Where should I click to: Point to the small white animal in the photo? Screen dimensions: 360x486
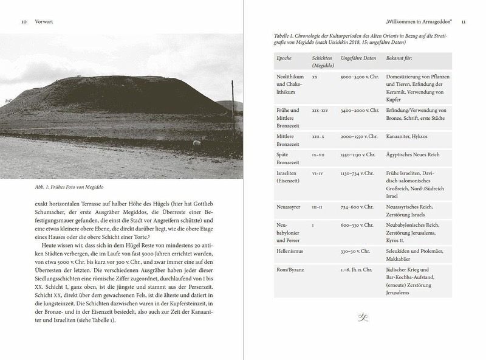click(x=196, y=143)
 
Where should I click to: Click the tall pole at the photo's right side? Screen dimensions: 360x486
click(x=232, y=109)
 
